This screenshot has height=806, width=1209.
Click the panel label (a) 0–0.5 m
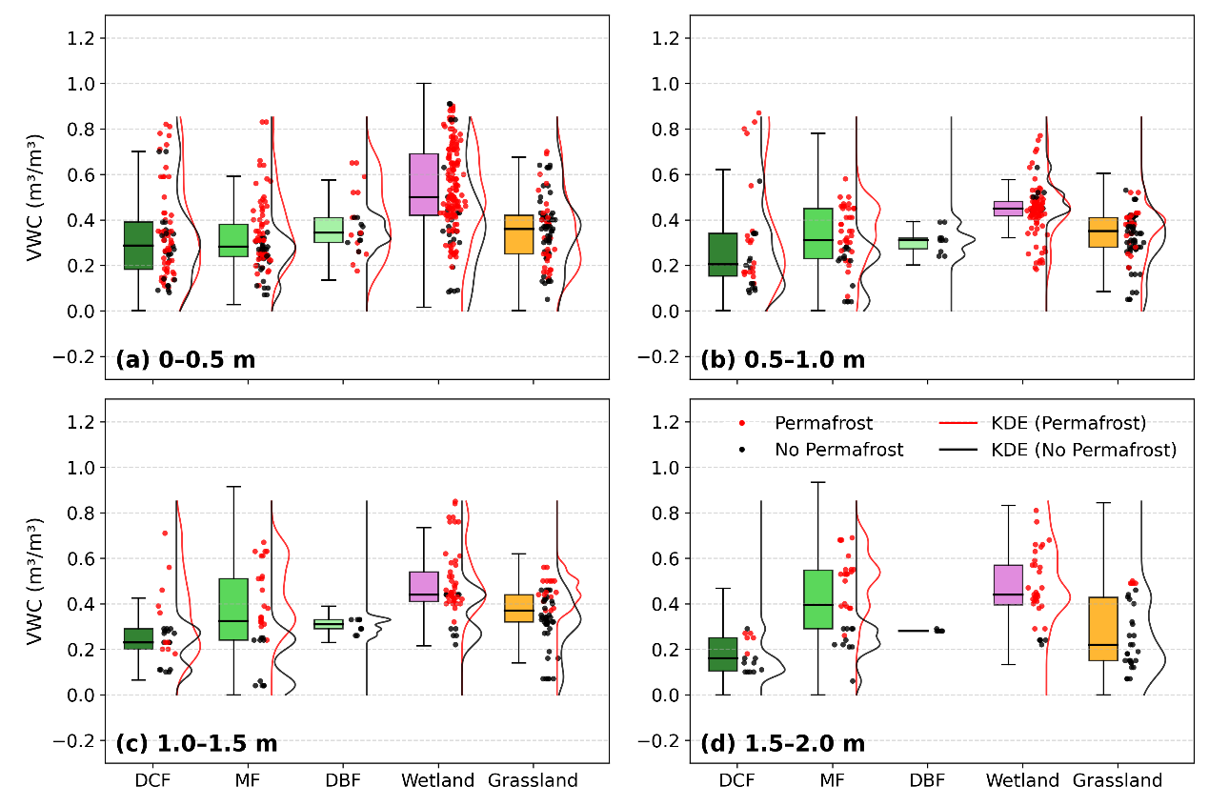click(185, 360)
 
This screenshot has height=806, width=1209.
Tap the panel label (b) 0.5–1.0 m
click(782, 360)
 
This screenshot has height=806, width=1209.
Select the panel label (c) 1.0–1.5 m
click(196, 743)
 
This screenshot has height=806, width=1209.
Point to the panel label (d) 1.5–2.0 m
click(782, 743)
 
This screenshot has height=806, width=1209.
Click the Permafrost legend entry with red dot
click(809, 422)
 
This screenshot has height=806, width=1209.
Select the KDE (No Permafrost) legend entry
click(1072, 449)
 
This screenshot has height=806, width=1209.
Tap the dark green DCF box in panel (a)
click(138, 245)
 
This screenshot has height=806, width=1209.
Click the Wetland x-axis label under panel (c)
click(437, 780)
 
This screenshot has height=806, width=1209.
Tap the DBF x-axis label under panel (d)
click(927, 780)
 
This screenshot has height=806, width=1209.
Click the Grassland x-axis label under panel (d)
click(1118, 780)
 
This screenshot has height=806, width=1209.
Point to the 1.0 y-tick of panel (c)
click(81, 468)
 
